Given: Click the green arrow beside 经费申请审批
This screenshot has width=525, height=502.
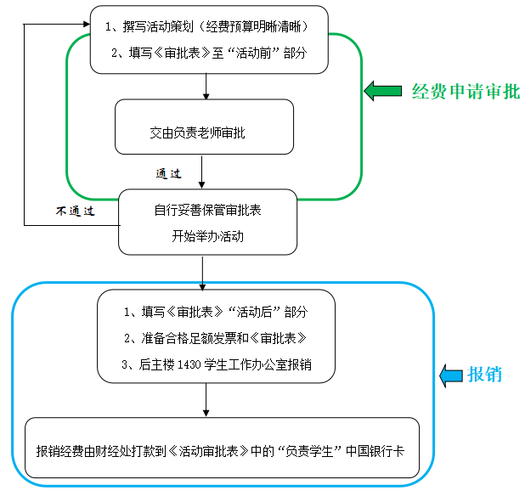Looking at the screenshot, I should coord(383,91).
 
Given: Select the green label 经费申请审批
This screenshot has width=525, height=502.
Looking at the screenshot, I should coord(466,92).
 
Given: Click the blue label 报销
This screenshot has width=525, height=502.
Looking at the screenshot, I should coord(485,375).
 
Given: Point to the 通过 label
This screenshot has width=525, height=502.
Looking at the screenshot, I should coord(168,173).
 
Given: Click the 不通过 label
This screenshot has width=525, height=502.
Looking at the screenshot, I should coord(74,210).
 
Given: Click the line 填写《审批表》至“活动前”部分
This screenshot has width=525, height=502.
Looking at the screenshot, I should coord(208,53).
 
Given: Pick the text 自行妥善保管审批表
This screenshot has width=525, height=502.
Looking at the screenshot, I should coord(207,210).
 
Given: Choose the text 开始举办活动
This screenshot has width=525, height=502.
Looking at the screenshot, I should coord(207,235).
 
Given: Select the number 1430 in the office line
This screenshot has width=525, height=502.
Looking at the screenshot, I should coord(191,364).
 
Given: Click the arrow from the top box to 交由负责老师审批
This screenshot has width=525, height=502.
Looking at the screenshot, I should coord(206,86).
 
